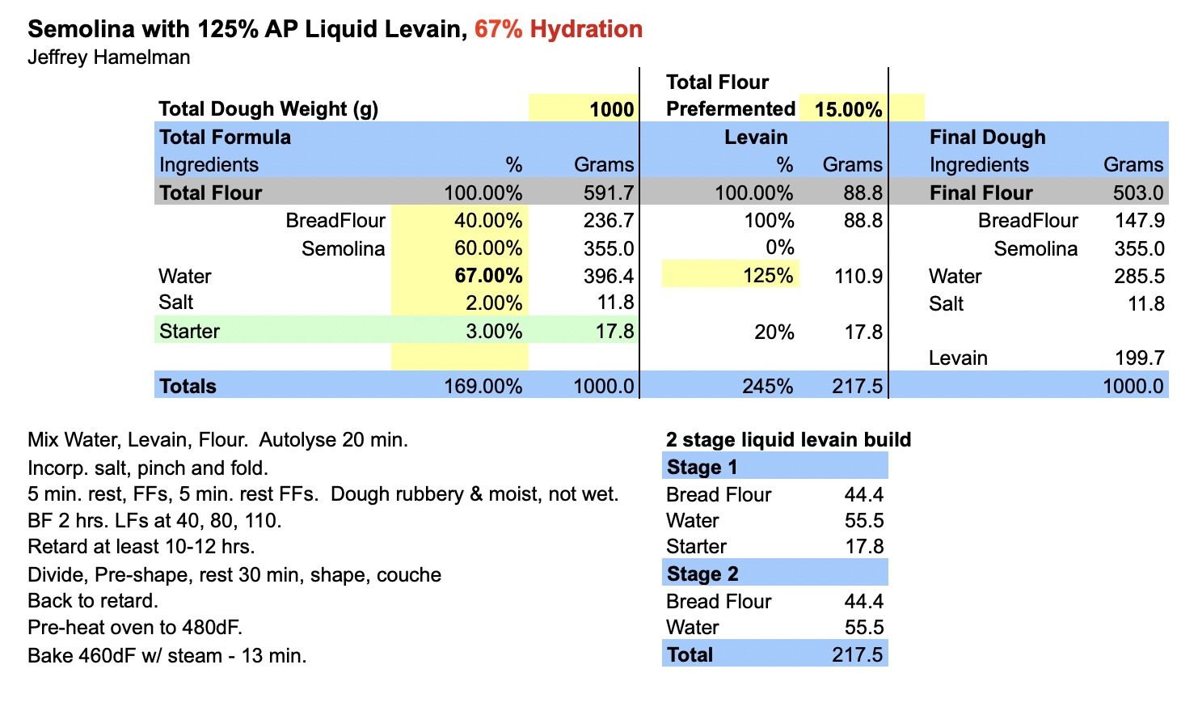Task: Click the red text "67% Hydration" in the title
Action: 558,29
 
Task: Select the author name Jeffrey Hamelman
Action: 109,57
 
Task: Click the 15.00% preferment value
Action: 848,109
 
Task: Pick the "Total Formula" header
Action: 225,137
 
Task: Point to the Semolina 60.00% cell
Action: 487,248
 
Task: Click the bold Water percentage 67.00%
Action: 487,276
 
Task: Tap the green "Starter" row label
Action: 189,331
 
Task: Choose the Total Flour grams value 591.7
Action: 609,193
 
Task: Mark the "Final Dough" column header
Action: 987,138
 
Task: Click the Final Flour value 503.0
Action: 1138,193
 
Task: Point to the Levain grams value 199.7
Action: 1138,358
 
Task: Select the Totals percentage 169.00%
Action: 483,386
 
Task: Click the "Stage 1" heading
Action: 702,467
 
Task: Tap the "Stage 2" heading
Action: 702,574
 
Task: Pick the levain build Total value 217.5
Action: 857,654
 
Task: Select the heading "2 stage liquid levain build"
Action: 788,439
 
